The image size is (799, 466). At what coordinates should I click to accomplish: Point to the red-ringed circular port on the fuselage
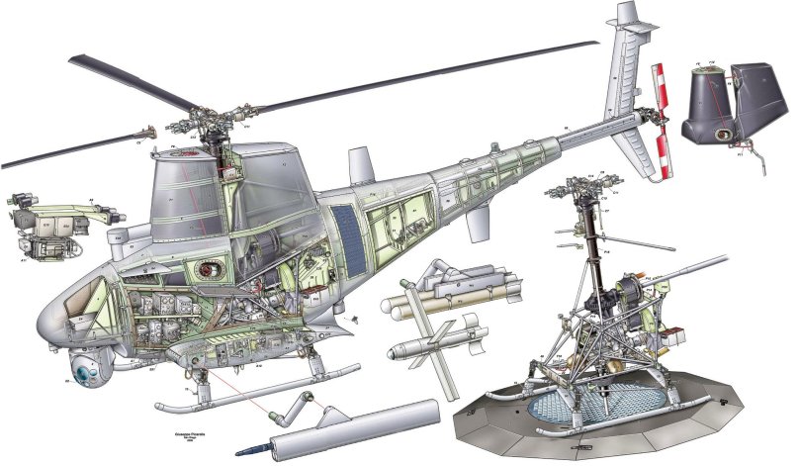(x=207, y=268)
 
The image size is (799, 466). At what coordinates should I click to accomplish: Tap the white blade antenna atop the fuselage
(x=359, y=160)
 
